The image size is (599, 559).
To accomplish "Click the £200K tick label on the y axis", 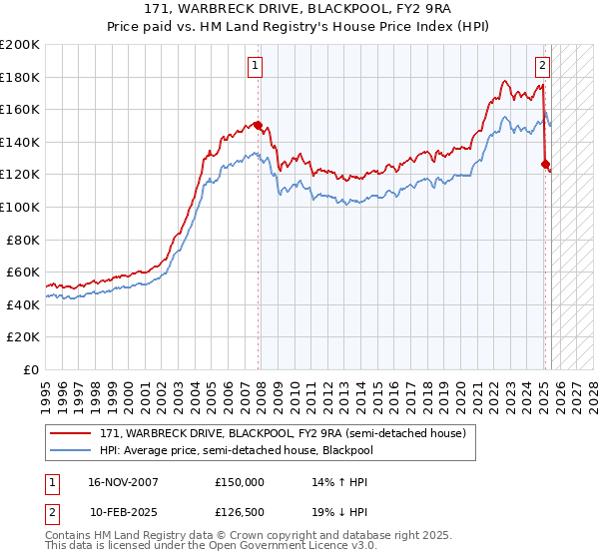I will coord(20,45).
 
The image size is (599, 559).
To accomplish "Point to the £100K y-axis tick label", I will coord(20,207).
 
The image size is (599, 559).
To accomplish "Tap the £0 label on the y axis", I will coord(30,369).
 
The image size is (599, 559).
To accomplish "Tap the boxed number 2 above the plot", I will coord(542,67).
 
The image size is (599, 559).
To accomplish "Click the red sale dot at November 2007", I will coord(259,126).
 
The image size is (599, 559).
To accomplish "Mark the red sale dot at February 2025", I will coord(545,164).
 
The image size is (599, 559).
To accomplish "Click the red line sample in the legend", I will coord(71,433).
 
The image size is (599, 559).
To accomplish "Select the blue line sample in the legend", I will coord(71,450).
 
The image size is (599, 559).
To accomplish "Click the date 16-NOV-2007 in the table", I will coord(124,482).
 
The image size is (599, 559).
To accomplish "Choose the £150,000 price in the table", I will coord(240,482).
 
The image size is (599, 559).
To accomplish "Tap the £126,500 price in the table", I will coord(240,512).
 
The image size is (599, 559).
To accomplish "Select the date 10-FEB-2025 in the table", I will coord(124,512).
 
